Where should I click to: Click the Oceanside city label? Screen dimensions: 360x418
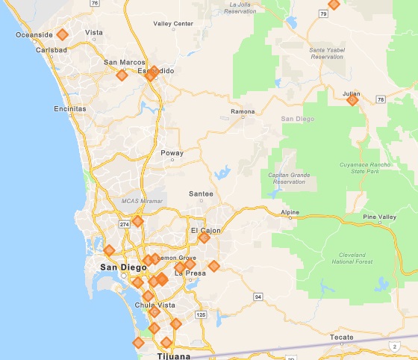pyautogui.click(x=34, y=34)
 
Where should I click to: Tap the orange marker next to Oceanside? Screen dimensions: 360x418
pyautogui.click(x=63, y=34)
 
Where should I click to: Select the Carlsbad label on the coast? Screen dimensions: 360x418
pyautogui.click(x=51, y=50)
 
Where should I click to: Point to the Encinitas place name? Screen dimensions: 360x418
pyautogui.click(x=70, y=108)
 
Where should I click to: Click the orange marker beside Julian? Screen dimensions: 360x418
pyautogui.click(x=353, y=100)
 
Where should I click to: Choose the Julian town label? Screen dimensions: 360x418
pyautogui.click(x=352, y=93)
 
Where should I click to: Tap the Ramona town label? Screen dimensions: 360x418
pyautogui.click(x=242, y=112)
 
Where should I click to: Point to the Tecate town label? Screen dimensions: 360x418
pyautogui.click(x=342, y=338)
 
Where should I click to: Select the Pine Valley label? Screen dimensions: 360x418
pyautogui.click(x=379, y=217)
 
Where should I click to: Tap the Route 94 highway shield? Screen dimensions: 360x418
pyautogui.click(x=258, y=297)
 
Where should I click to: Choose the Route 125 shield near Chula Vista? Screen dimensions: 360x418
pyautogui.click(x=200, y=314)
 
